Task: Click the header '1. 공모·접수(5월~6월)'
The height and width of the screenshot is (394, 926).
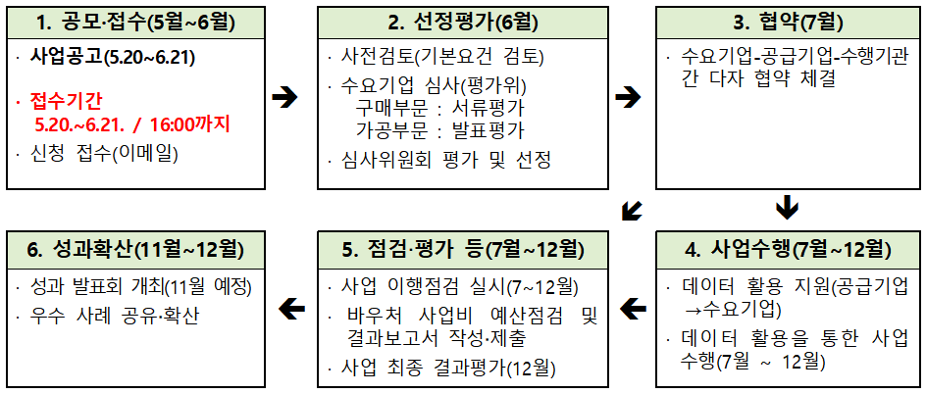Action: pyautogui.click(x=135, y=22)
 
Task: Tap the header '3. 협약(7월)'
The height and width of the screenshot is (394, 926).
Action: pyautogui.click(x=788, y=22)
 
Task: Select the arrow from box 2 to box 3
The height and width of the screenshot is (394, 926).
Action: pyautogui.click(x=627, y=96)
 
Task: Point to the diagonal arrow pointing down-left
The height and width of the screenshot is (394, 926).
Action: pyautogui.click(x=633, y=210)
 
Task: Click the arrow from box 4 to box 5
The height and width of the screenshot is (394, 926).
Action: pyautogui.click(x=633, y=311)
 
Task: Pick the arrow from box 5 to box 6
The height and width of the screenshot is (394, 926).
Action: pyautogui.click(x=291, y=311)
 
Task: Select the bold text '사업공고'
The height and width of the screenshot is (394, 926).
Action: pyautogui.click(x=67, y=57)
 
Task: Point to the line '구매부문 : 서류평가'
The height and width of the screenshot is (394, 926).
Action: pyautogui.click(x=439, y=107)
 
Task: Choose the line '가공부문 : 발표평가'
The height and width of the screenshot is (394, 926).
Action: pyautogui.click(x=439, y=128)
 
